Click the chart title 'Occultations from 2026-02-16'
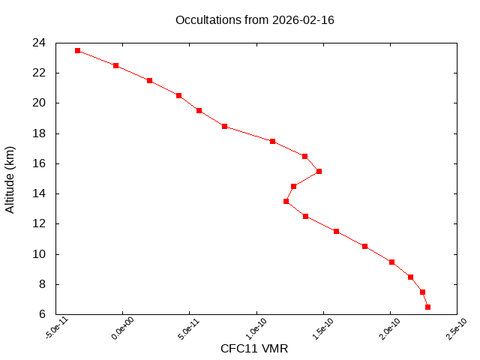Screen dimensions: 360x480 click(x=254, y=20)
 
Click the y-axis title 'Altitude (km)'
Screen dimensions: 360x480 click(x=10, y=178)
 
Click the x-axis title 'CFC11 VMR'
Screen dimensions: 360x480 click(x=254, y=349)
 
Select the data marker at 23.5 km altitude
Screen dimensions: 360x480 click(x=78, y=50)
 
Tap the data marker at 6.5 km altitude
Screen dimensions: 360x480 click(x=427, y=307)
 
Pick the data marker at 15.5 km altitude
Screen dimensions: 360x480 click(x=319, y=171)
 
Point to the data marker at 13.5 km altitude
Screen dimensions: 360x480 click(x=286, y=201)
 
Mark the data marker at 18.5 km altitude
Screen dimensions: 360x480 click(x=224, y=126)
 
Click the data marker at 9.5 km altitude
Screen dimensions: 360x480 click(x=391, y=262)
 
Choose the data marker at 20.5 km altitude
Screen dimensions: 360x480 click(x=178, y=95)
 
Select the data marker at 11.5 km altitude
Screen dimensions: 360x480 click(x=336, y=231)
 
